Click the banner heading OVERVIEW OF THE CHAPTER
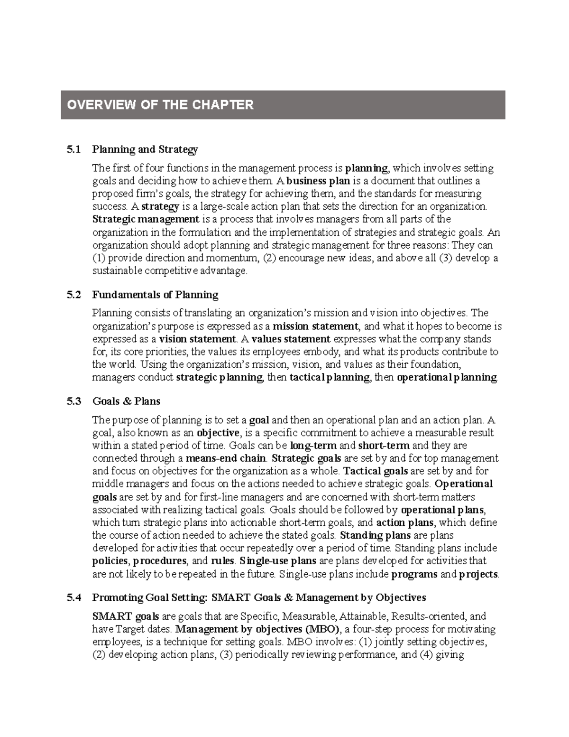tap(160, 105)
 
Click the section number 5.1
tap(73, 149)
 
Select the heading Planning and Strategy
tap(145, 149)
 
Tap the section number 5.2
tap(73, 295)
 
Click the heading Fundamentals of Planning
tap(155, 295)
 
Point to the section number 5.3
tap(73, 401)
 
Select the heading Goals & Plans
tap(126, 401)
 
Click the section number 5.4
tap(73, 597)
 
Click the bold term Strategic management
tap(146, 219)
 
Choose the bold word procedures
tap(160, 561)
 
